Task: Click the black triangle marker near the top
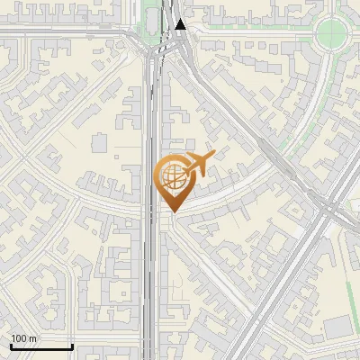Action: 182,24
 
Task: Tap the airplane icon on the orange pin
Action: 202,164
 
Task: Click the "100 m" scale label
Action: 23,339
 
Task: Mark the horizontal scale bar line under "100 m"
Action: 41,346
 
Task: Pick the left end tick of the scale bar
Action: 11,345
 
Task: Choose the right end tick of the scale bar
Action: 72,345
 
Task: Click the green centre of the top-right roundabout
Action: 333,33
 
